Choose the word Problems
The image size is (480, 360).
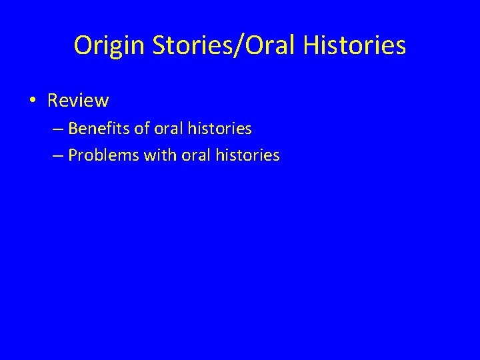[x=100, y=155]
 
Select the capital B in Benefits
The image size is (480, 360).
[x=72, y=128]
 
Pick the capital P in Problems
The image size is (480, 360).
[x=72, y=155]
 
